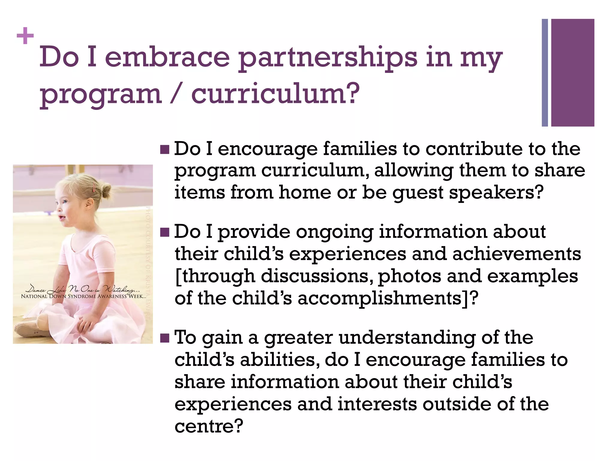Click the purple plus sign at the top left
(x=25, y=36)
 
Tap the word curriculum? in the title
(x=275, y=94)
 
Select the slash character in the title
(x=176, y=94)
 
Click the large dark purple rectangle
(x=572, y=73)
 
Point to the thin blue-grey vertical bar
(x=545, y=73)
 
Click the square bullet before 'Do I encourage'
(x=165, y=149)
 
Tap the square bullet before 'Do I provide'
(x=165, y=232)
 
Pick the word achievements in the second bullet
(x=517, y=254)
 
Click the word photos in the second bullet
(x=410, y=276)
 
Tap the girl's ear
(x=89, y=204)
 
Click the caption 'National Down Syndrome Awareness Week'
(x=83, y=297)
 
